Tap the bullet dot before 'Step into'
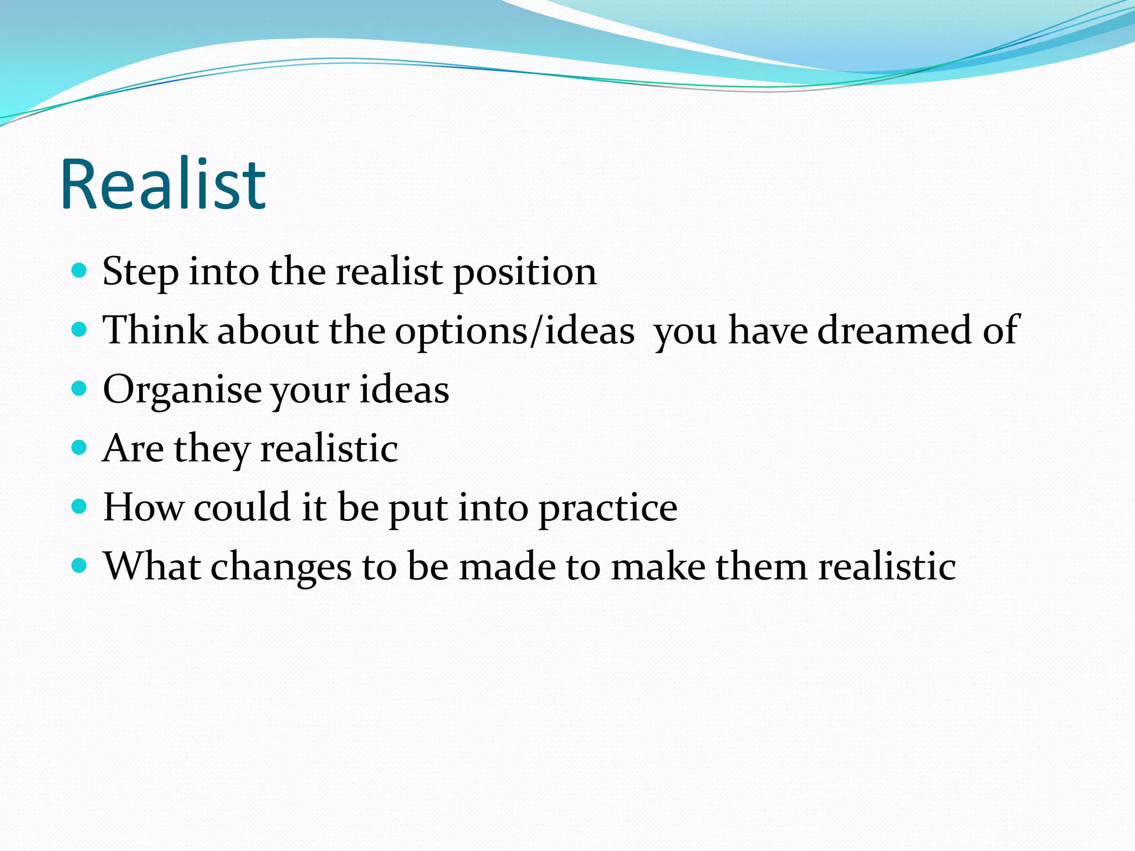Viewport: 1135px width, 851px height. click(80, 271)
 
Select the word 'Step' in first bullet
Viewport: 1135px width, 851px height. click(140, 272)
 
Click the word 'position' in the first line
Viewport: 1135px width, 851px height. click(525, 272)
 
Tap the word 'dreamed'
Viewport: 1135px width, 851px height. click(894, 330)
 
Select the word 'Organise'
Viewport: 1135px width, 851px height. click(182, 390)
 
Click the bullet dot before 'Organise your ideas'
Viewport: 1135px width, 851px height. click(80, 389)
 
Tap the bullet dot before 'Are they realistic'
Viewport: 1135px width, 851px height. click(80, 448)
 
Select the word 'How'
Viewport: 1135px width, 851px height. click(143, 507)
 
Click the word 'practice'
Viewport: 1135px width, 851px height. click(608, 508)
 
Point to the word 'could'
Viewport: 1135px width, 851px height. click(242, 507)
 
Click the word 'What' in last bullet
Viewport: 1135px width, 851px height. click(152, 566)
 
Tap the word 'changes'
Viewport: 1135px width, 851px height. click(281, 567)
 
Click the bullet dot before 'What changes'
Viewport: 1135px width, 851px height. click(80, 566)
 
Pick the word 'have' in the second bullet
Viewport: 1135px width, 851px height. click(768, 330)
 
